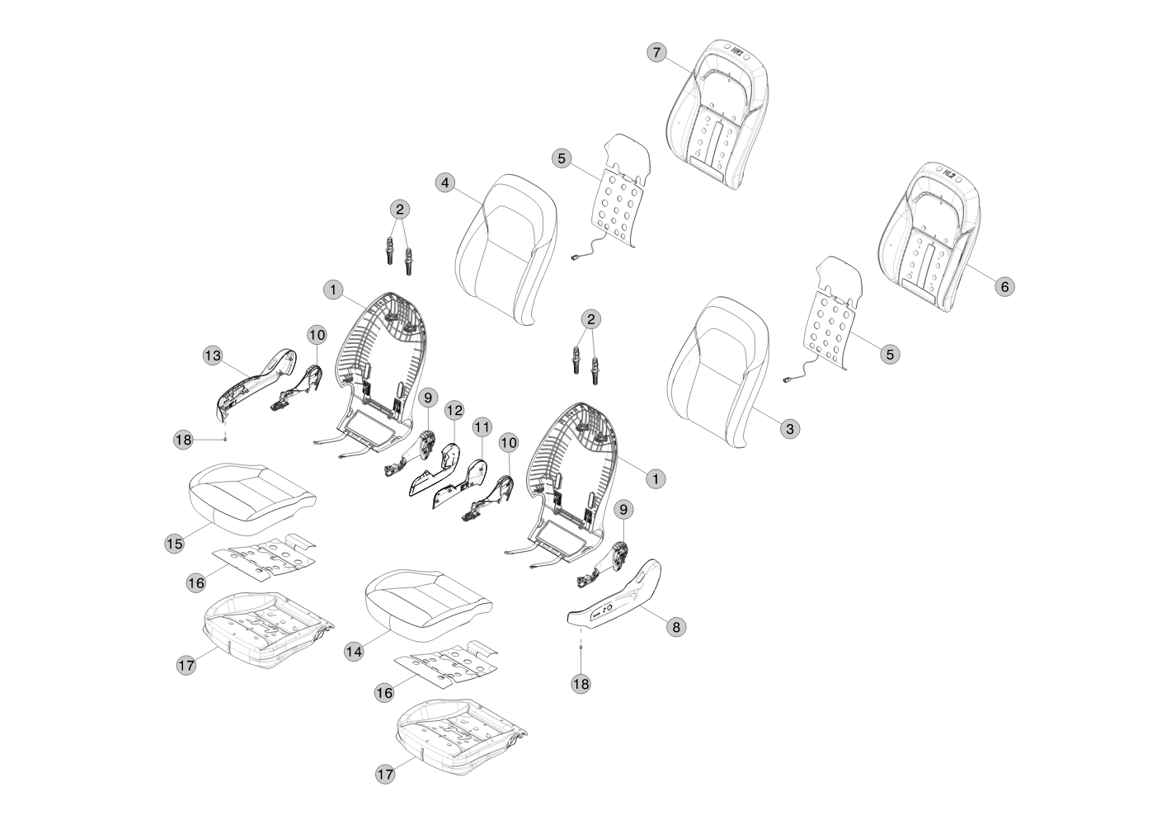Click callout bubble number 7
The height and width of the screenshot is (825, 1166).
(x=656, y=53)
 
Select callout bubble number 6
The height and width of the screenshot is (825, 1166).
(x=1004, y=286)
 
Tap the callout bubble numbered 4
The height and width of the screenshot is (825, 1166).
(x=445, y=182)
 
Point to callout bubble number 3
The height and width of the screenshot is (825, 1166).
(x=789, y=428)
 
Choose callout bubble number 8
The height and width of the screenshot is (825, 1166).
(x=675, y=627)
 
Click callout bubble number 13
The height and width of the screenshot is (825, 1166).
(x=213, y=356)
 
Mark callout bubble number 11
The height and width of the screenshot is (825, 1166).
(x=482, y=427)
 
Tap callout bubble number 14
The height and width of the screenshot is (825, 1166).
(x=354, y=651)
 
